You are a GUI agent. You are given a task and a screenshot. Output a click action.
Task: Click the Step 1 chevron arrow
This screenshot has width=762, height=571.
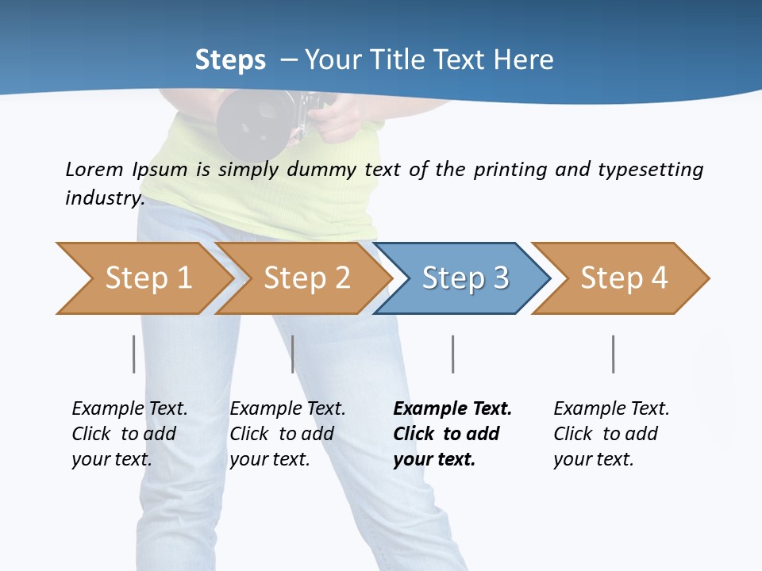click(147, 278)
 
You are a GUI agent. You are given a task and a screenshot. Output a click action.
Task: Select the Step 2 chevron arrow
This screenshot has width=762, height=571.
click(306, 278)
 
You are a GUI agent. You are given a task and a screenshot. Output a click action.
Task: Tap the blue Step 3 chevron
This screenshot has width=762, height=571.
click(464, 278)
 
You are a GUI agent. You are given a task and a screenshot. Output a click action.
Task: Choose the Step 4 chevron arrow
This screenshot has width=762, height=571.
click(623, 278)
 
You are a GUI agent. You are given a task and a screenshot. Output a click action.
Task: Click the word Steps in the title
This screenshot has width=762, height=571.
click(230, 60)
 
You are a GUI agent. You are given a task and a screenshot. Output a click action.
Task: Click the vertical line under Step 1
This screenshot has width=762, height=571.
click(134, 354)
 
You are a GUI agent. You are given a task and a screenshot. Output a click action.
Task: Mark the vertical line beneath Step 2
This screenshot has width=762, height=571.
click(293, 354)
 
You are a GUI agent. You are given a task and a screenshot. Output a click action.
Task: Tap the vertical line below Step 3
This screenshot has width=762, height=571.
click(453, 354)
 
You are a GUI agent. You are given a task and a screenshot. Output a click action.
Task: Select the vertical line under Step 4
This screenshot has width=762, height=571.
click(614, 354)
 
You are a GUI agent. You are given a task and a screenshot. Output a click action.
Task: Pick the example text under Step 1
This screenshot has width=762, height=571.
click(129, 434)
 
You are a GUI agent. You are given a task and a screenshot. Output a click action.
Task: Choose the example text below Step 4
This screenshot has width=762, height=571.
click(610, 434)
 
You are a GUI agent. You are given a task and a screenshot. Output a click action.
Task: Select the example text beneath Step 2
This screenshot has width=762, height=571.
click(287, 434)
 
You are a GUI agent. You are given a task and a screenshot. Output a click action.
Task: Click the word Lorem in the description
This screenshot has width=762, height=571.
click(94, 170)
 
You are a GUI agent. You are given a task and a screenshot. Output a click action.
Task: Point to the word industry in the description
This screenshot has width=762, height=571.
click(104, 198)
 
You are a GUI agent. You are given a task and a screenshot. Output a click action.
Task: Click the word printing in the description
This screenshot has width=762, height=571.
click(511, 170)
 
